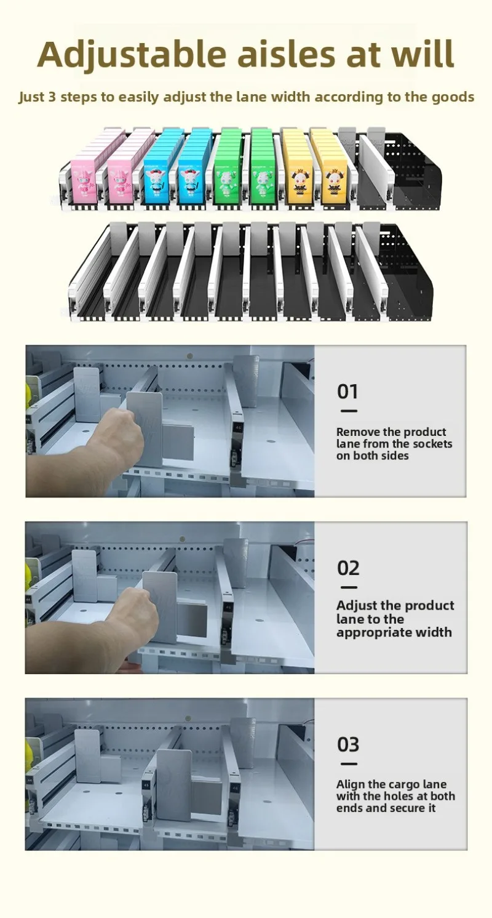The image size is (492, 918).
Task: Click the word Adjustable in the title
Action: [x=132, y=55]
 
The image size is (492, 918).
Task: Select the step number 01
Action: [x=347, y=392]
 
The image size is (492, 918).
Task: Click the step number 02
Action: [x=348, y=568]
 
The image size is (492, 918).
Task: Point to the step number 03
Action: [x=348, y=744]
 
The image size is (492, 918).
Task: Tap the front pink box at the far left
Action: [x=83, y=180]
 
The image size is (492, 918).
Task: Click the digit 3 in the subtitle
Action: [x=52, y=97]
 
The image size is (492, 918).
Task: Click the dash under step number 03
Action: [x=348, y=764]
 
